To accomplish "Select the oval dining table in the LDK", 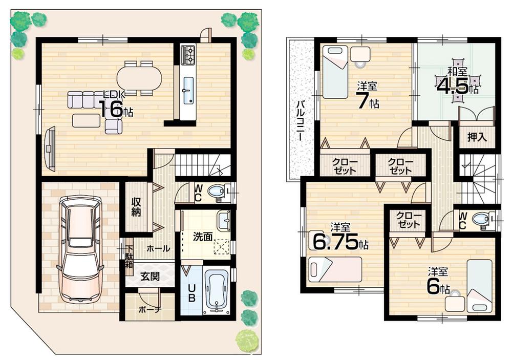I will pos(139,78).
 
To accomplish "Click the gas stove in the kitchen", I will pos(188,55).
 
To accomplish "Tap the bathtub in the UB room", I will pos(216,290).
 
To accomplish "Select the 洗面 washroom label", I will pos(203,238).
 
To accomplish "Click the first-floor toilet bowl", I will pos(217,192).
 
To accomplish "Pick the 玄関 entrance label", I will pos(150,277).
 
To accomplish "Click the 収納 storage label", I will pos(136,206).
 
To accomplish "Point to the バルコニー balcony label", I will pos(301,123).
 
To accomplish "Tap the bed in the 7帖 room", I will pos(335,72).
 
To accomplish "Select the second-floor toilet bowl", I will pos(482,220).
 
